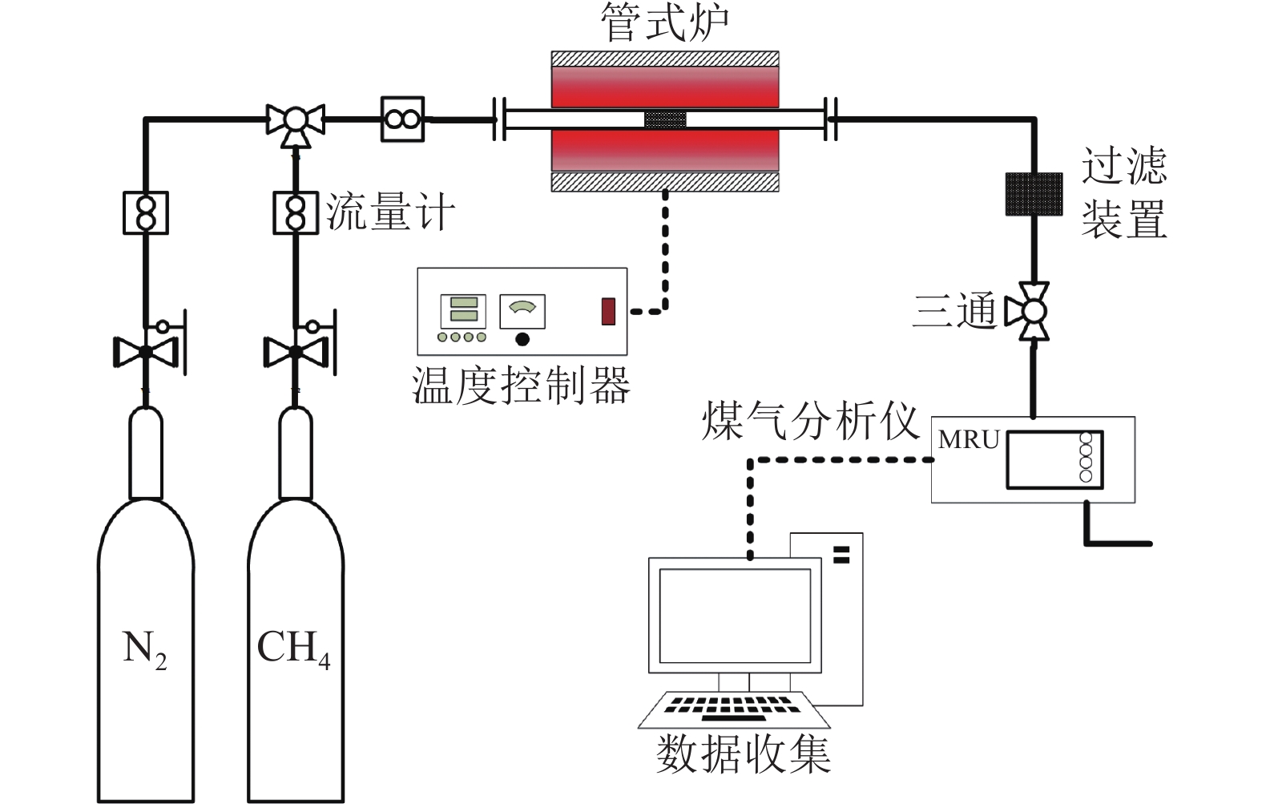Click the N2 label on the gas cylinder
[x=144, y=648]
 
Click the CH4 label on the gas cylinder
[x=293, y=648]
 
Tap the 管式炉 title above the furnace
[x=664, y=23]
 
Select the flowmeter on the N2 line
[x=146, y=212]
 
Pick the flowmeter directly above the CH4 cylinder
[x=296, y=212]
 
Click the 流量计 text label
[x=390, y=213]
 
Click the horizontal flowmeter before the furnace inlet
[x=401, y=119]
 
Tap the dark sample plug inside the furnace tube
[x=665, y=120]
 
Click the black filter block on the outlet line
[x=1034, y=194]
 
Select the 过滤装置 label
[x=1123, y=192]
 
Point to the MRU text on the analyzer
[x=969, y=440]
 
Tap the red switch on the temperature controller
[x=609, y=311]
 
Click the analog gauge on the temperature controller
[x=522, y=311]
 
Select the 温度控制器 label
[x=521, y=386]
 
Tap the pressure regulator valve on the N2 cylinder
[x=146, y=351]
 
